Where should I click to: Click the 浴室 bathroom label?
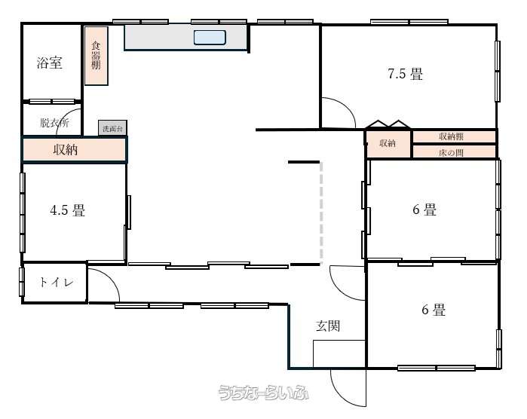(x=50, y=63)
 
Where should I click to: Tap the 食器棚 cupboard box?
(x=96, y=56)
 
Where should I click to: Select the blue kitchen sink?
(x=210, y=37)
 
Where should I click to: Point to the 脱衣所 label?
(x=54, y=123)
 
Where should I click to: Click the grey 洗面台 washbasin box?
(x=112, y=128)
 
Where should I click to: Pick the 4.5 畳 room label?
(x=68, y=210)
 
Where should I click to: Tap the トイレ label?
(x=56, y=282)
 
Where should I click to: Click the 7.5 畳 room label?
(x=406, y=74)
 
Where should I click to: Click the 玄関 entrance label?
(x=328, y=326)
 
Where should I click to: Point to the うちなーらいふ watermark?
(x=263, y=392)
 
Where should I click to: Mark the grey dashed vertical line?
(x=321, y=213)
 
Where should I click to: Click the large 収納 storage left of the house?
(x=75, y=149)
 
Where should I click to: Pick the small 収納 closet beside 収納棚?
(x=388, y=143)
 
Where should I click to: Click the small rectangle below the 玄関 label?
(x=339, y=354)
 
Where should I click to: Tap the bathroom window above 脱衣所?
(x=52, y=101)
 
